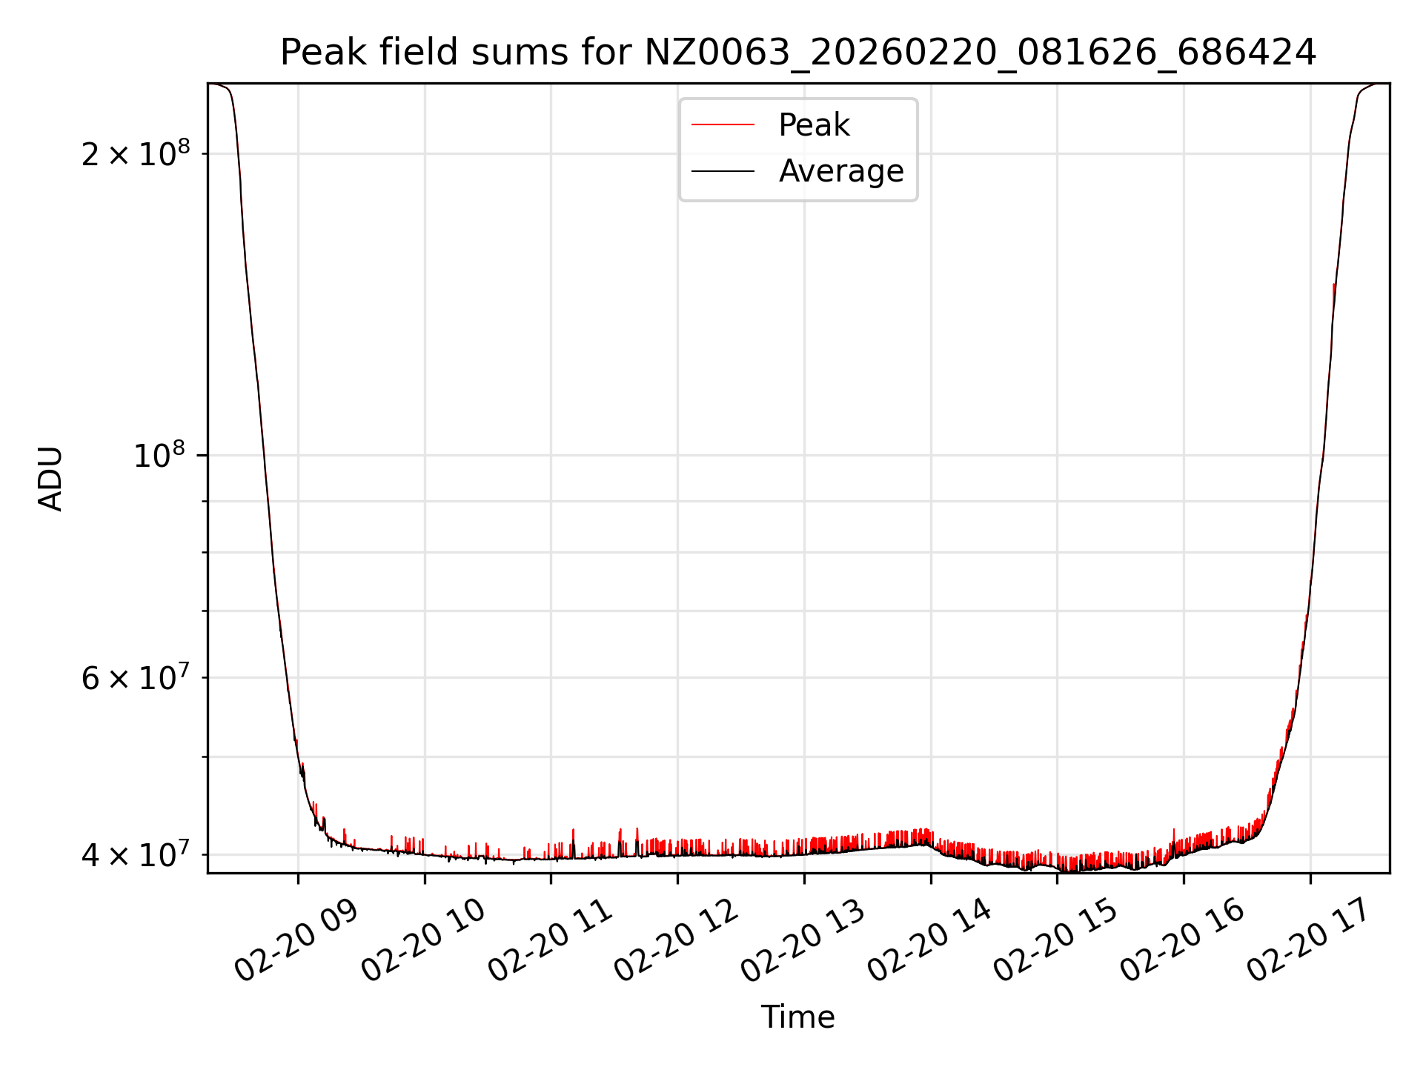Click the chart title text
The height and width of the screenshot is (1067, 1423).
coord(797,53)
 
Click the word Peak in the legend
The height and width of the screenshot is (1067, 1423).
coord(814,125)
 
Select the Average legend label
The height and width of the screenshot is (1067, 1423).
coord(841,171)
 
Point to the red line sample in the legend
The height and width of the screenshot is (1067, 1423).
coord(723,125)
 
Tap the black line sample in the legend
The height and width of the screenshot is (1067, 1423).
coord(723,171)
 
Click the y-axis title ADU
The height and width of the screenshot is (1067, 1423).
coord(51,479)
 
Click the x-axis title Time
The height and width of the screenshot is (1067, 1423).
coord(797,1017)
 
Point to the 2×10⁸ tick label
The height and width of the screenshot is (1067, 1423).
coord(136,154)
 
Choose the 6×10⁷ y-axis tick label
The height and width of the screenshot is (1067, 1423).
coord(136,677)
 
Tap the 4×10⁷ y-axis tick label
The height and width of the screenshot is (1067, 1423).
coord(136,854)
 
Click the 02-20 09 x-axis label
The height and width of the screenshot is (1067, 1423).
coord(296,940)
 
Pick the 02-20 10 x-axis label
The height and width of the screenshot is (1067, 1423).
coord(423,940)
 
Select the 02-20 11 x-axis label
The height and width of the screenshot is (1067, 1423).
coord(550,940)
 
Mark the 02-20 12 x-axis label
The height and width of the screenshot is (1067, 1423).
coord(677,940)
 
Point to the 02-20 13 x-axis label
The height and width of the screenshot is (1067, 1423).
coord(803,940)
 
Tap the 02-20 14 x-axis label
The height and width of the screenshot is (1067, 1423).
coord(929,940)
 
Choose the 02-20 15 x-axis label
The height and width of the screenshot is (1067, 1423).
coord(1056,940)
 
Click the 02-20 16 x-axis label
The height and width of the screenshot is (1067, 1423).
coord(1183,940)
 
